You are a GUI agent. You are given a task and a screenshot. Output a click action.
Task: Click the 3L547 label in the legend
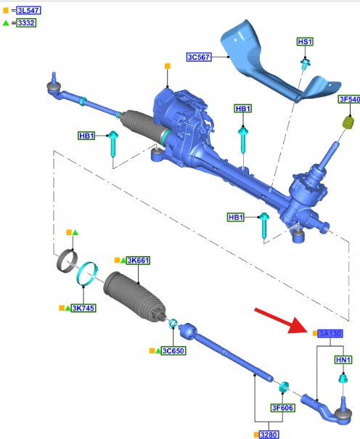28,11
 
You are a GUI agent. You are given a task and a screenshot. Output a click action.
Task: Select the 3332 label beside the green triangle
26,22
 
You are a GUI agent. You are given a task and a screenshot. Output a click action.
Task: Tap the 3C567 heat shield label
199,57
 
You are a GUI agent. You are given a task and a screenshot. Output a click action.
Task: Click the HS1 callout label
305,41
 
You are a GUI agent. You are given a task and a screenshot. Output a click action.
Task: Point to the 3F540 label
349,99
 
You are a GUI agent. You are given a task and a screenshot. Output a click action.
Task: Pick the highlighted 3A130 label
330,334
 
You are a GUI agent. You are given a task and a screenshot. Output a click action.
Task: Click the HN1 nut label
343,360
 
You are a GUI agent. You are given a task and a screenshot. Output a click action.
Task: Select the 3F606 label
282,408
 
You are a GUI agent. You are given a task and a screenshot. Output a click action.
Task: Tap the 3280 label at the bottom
269,435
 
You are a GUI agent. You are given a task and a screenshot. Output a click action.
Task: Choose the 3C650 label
173,350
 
